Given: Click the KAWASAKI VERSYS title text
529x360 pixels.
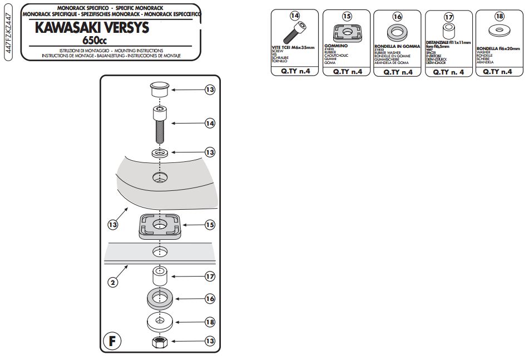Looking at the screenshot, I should (94, 28).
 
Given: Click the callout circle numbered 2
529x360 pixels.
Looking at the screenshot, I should (113, 283).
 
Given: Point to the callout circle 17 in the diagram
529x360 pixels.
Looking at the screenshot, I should (210, 276).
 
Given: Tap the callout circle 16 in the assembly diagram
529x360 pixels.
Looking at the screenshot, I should (210, 299).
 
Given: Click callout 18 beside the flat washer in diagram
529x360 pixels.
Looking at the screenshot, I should (210, 322).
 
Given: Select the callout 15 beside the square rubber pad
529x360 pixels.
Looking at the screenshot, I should (210, 225).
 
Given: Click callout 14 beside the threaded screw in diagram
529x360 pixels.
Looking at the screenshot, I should (210, 124).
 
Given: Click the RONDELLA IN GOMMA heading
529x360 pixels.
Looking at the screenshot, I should (397, 46).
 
